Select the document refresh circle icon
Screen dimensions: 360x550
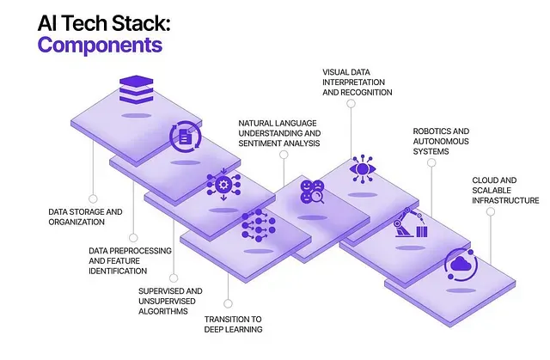[x=186, y=136]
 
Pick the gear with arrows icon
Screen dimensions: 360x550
[x=223, y=185]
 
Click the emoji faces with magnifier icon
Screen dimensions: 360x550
[x=311, y=192]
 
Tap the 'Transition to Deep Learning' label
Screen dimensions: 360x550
[x=233, y=325]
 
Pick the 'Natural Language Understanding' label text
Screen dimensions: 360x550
[x=279, y=133]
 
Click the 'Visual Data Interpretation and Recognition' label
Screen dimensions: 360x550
[x=357, y=82]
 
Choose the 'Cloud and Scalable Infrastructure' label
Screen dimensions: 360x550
[x=505, y=190]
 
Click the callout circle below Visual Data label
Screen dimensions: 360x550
[x=350, y=103]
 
